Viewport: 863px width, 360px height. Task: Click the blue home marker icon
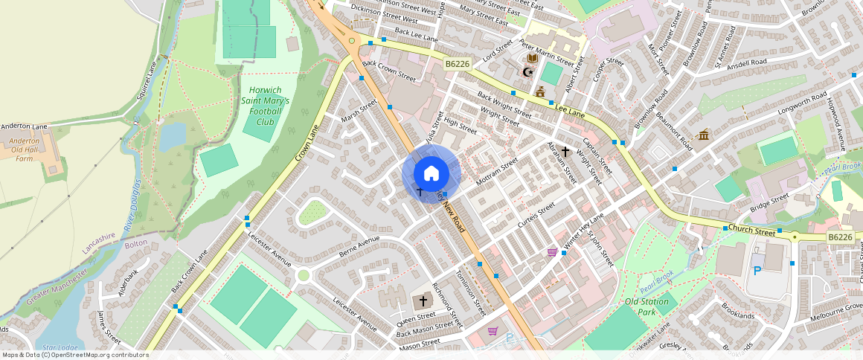coord(431,174)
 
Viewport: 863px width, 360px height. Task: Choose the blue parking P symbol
coord(757,271)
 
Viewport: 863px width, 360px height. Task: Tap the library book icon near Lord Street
coord(533,58)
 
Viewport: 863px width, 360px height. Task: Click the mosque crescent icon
coord(528,72)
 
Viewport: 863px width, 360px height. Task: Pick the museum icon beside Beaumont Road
coord(703,135)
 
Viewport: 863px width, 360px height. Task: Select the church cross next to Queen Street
coord(423,301)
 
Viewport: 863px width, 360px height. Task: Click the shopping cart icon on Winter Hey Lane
coord(552,252)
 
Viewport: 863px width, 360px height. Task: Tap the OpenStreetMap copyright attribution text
coord(75,355)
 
